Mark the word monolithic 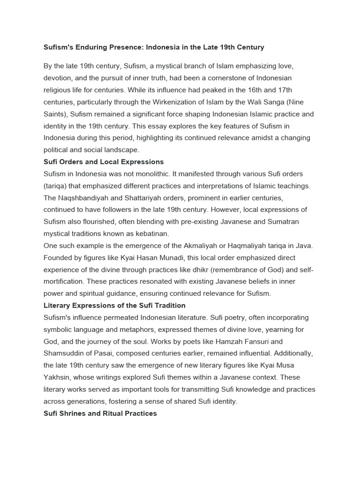151,174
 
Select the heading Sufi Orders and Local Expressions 104,162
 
